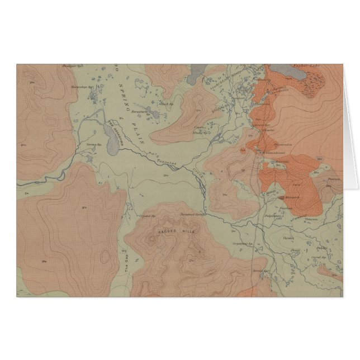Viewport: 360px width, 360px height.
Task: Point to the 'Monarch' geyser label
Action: point(292,197)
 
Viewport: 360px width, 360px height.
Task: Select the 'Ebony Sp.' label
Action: point(200,132)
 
